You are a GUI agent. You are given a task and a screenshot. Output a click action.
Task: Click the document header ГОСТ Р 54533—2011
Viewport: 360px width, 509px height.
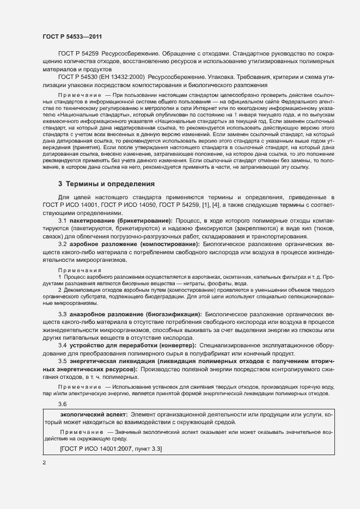[72, 36]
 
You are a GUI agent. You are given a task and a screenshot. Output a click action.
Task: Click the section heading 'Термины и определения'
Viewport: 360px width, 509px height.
[103, 184]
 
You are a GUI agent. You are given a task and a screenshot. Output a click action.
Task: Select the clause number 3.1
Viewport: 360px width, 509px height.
[63, 221]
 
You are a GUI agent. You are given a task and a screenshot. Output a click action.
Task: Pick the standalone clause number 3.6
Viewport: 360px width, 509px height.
[63, 404]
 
